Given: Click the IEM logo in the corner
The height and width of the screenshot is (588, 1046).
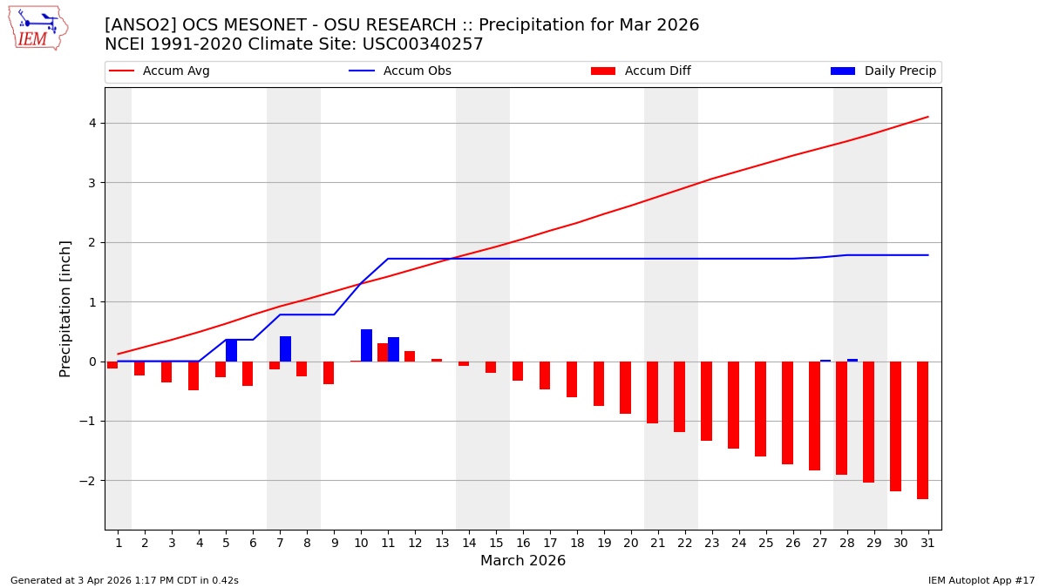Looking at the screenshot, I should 38,28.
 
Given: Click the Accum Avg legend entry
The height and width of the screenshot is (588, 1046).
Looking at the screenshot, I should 176,71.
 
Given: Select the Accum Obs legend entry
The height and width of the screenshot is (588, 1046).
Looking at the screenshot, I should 417,71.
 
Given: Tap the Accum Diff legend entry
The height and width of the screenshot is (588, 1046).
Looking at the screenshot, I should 657,71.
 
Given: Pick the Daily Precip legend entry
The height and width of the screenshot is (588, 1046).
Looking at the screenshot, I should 900,71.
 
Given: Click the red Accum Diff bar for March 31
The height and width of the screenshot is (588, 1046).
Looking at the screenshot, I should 922,430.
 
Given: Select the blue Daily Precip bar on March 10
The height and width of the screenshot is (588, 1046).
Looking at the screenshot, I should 366,346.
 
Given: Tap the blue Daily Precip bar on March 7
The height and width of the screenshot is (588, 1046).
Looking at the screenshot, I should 285,349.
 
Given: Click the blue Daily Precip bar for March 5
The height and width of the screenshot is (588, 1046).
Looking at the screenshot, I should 231,350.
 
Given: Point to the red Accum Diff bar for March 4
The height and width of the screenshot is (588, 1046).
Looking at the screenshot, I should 194,375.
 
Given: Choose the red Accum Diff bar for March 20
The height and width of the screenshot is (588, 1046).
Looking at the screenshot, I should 625,388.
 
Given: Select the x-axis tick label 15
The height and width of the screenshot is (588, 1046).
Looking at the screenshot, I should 496,544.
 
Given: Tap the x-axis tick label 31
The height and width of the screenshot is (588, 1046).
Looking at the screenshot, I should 927,544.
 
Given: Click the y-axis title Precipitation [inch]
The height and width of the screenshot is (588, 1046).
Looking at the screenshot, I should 66,308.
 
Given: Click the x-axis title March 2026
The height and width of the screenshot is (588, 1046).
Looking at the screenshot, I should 523,562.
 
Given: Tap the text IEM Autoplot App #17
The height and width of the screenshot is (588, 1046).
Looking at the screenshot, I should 981,580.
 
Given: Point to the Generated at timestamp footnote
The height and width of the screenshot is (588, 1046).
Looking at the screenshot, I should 125,580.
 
